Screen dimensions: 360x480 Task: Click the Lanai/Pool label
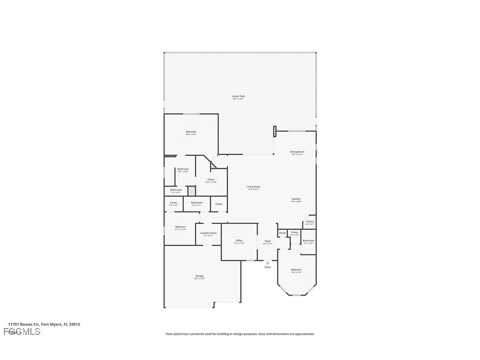(x=238, y=96)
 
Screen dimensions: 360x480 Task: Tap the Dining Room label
(x=297, y=152)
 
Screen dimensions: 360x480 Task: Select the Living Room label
(x=253, y=187)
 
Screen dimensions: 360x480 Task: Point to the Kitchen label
(x=296, y=199)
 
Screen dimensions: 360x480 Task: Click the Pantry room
(x=310, y=222)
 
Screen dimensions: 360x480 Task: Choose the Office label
(x=239, y=241)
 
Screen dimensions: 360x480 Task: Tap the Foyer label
(x=268, y=241)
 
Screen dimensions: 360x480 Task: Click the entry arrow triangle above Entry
(x=267, y=263)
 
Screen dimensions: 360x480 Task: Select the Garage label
(x=200, y=276)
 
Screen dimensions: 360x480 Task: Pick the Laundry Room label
(x=208, y=233)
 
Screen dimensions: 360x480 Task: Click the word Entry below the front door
(x=267, y=267)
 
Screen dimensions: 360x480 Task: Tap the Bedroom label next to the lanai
(x=191, y=132)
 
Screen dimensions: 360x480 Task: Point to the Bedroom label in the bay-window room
(x=296, y=270)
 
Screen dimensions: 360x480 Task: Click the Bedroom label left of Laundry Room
(x=180, y=227)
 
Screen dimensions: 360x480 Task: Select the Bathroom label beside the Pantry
(x=309, y=241)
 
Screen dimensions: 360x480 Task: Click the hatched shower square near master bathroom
(x=191, y=191)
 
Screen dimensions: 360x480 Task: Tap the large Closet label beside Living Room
(x=211, y=180)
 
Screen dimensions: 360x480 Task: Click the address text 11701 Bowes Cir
(x=23, y=324)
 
